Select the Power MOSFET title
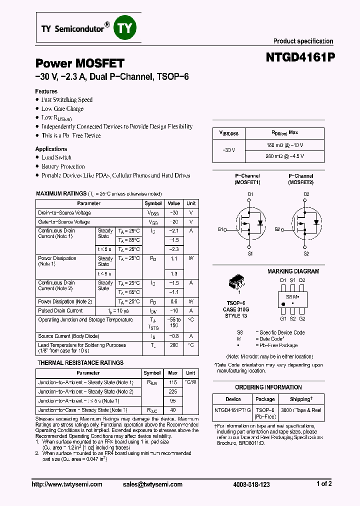tap(79, 63)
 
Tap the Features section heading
tap(46, 91)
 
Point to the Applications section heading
tap(51, 149)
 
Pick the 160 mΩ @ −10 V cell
tap(285, 145)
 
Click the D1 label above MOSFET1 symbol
tap(250, 194)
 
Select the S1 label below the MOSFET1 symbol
tap(250, 253)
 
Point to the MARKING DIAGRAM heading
tap(293, 271)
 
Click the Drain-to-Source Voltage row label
tap(64, 213)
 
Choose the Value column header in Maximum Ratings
tap(173, 203)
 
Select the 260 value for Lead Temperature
tap(173, 345)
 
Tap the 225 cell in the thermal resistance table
tap(172, 391)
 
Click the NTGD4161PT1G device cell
tap(233, 410)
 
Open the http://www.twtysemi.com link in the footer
tap(67, 484)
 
